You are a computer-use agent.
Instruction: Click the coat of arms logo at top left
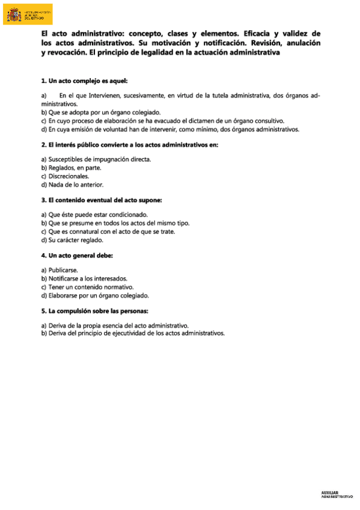pos(14,14)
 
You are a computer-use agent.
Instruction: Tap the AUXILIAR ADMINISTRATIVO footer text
pos(337,494)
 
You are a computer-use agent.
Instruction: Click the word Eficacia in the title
pos(257,34)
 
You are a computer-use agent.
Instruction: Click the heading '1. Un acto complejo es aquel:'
pos(84,81)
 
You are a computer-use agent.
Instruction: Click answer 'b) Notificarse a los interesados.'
pos(84,278)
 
